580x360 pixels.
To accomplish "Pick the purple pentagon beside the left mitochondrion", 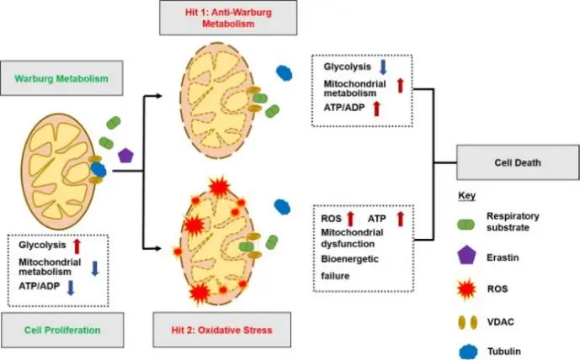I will click(x=126, y=155).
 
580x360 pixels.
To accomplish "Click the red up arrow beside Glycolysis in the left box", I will click(x=77, y=246).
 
